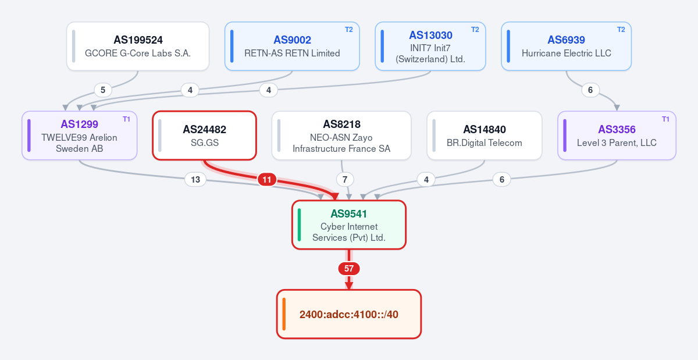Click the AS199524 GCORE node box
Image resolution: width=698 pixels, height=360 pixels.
point(138,46)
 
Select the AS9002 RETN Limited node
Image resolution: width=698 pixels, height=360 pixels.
point(292,46)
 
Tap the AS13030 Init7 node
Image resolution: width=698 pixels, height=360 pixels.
point(430,46)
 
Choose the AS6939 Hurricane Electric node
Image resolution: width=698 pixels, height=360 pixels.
point(566,46)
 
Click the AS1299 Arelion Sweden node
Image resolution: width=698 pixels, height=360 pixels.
point(80,136)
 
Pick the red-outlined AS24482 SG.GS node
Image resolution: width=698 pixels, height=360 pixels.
point(204,136)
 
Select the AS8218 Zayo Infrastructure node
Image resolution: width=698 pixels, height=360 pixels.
point(341,136)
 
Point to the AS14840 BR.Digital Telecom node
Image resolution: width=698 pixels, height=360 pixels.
point(484,136)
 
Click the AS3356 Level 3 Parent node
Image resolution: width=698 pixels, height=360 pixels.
point(617,136)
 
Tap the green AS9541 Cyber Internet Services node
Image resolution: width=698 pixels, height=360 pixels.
point(349,224)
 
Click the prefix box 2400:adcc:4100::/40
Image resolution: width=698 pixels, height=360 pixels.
point(349,314)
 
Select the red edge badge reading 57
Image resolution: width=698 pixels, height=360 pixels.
point(349,269)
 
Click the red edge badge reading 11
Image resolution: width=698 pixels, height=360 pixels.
point(267,180)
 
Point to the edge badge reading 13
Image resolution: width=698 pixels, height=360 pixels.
point(195,180)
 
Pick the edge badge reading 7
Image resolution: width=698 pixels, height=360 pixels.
point(345,180)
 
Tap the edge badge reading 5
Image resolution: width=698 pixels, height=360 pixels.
point(103,90)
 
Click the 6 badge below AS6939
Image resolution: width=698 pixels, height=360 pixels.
point(590,90)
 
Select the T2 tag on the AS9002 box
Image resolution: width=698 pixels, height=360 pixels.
point(348,30)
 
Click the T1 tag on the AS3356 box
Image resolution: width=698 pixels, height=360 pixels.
point(665,119)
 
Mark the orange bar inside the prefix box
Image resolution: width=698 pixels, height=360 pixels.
point(284,314)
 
